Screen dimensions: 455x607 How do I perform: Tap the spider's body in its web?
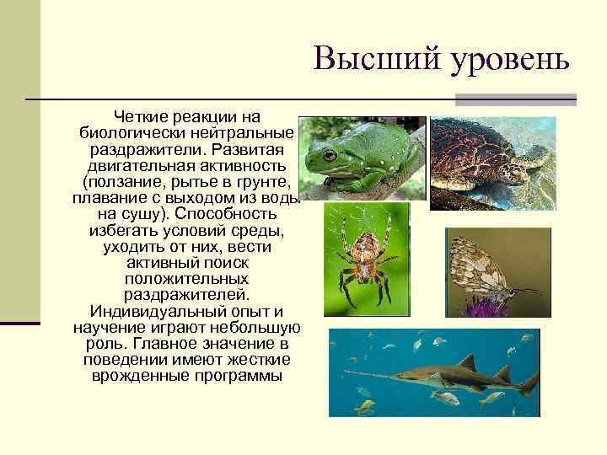(364, 252)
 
